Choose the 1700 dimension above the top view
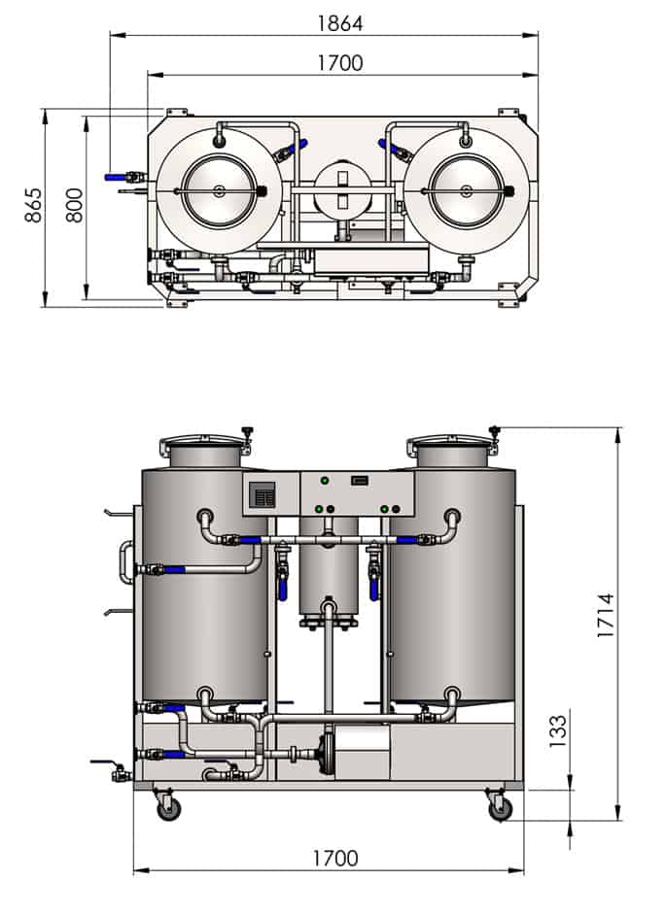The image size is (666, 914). point(339,63)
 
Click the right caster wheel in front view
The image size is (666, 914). point(500,806)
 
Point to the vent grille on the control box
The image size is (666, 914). point(263,496)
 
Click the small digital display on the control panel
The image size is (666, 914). point(358,480)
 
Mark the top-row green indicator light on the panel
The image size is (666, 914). point(324,481)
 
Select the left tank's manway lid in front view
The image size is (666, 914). point(204,448)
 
